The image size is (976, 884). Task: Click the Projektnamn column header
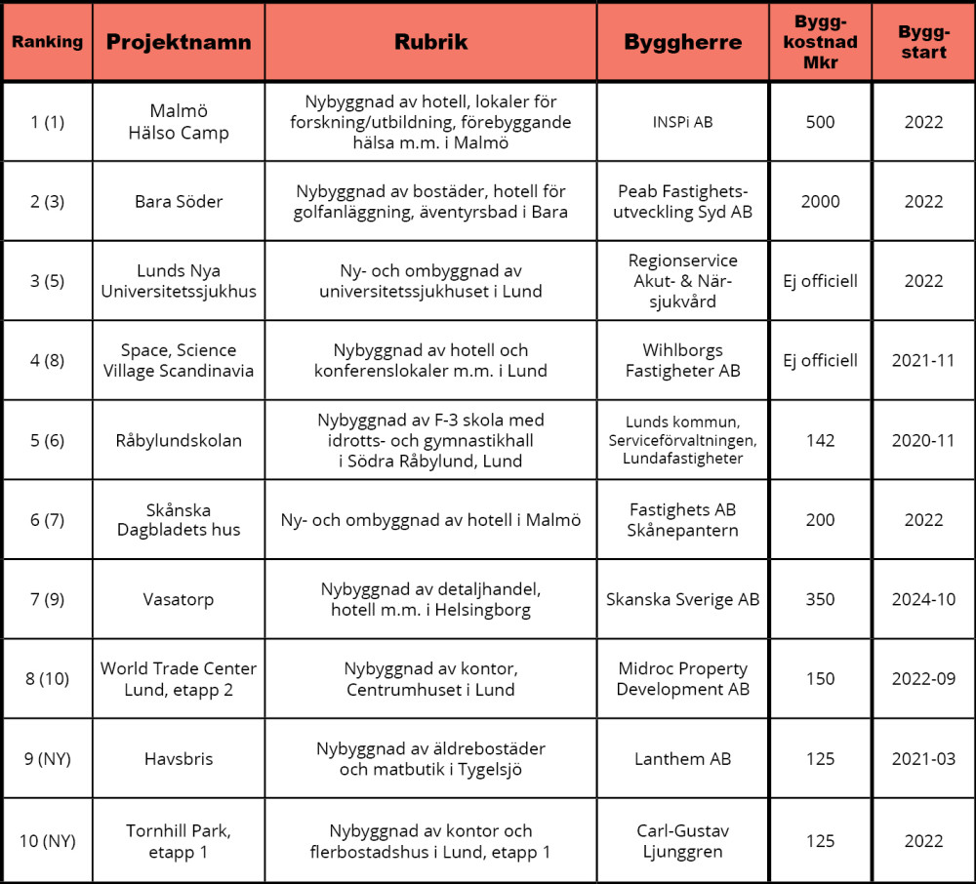179,42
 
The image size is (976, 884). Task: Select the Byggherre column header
682,42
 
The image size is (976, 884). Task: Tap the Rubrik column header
430,42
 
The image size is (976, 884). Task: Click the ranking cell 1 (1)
47,122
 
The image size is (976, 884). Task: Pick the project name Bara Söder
179,202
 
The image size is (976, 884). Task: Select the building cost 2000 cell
820,202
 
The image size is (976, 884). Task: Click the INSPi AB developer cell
682,122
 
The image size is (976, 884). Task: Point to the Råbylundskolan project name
179,440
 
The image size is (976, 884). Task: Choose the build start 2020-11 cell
922,440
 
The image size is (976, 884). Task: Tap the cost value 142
820,440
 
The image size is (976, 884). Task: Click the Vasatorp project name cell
179,599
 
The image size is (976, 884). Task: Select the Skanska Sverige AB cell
682,599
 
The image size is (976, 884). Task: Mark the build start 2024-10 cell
922,599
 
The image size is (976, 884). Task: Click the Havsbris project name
179,758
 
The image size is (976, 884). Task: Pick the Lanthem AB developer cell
682,758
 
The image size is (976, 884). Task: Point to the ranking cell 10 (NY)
47,840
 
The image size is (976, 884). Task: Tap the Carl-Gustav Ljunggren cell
682,840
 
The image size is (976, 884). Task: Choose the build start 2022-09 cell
922,679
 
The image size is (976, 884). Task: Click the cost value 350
820,599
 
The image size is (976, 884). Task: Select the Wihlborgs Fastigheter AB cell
682,360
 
